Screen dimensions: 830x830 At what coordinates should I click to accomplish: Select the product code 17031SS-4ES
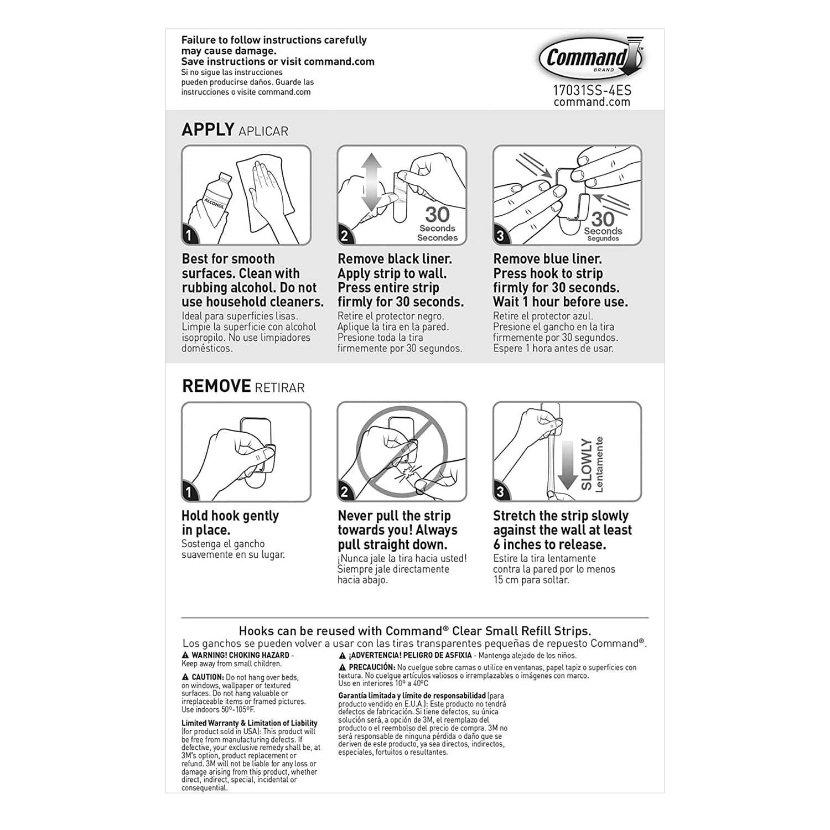[x=592, y=90]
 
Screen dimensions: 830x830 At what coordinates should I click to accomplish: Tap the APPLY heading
[x=208, y=129]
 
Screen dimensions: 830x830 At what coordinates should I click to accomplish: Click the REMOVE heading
[x=216, y=386]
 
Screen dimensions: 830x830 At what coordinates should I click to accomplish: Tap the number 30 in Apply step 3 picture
[x=603, y=219]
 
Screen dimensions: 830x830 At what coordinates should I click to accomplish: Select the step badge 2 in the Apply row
[x=344, y=236]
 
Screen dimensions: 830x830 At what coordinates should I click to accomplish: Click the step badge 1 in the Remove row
[x=189, y=492]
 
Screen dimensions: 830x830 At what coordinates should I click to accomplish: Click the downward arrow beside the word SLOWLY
[x=567, y=465]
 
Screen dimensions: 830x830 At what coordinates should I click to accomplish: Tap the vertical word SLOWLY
[x=586, y=465]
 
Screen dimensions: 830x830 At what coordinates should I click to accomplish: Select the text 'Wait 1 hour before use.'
[x=560, y=302]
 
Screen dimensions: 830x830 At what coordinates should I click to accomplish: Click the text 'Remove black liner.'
[x=395, y=259]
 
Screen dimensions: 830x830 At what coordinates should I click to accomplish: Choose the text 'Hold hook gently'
[x=230, y=516]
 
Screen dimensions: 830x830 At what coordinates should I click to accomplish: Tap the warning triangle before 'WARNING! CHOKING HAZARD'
[x=185, y=655]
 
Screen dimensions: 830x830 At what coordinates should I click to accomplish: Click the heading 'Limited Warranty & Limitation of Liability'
[x=249, y=723]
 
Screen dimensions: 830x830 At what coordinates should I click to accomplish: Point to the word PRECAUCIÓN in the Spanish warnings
[x=371, y=667]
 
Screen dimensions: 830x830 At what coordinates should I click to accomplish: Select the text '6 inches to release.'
[x=549, y=544]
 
